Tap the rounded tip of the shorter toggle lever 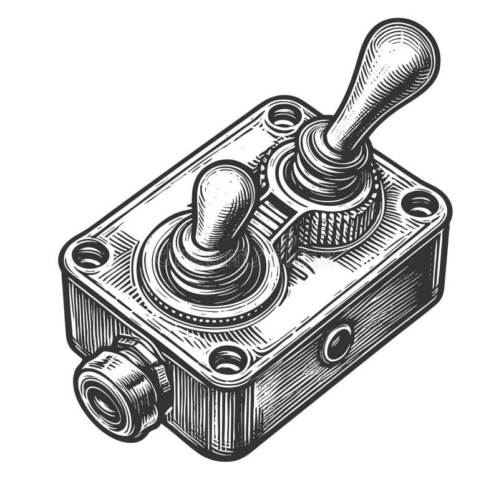pyautogui.click(x=224, y=188)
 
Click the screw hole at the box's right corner pyautogui.click(x=419, y=203)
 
